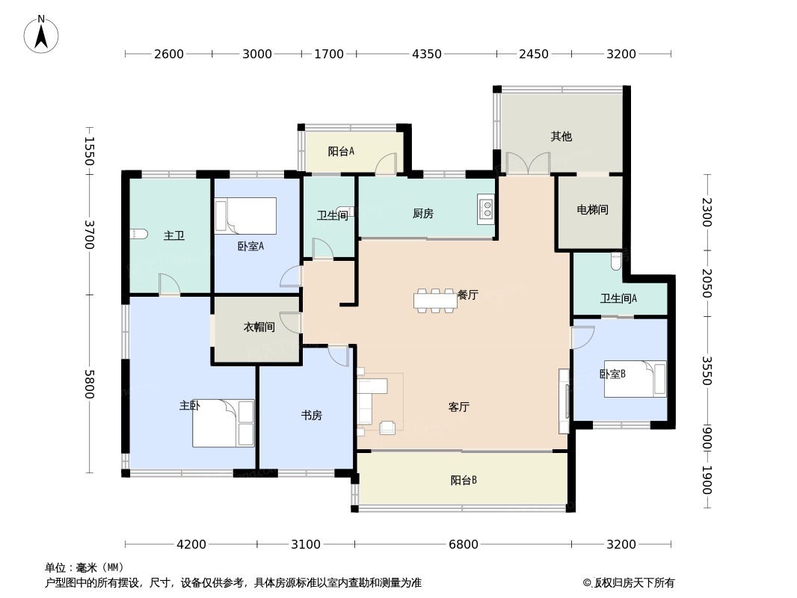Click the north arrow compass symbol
[41, 34]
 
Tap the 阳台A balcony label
[341, 152]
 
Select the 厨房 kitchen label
[423, 214]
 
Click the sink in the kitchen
[486, 209]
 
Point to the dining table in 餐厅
[434, 300]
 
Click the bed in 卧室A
[246, 216]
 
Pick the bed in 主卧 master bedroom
[224, 423]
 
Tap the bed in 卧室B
[635, 379]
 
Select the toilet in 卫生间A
[616, 262]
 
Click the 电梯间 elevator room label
[592, 210]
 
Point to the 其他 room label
[561, 137]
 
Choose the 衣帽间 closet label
[259, 327]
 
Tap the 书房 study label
[312, 416]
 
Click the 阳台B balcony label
[464, 481]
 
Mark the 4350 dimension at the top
[427, 54]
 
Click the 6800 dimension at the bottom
[464, 544]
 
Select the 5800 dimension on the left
[89, 383]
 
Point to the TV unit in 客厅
[564, 401]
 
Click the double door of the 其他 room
[528, 164]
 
